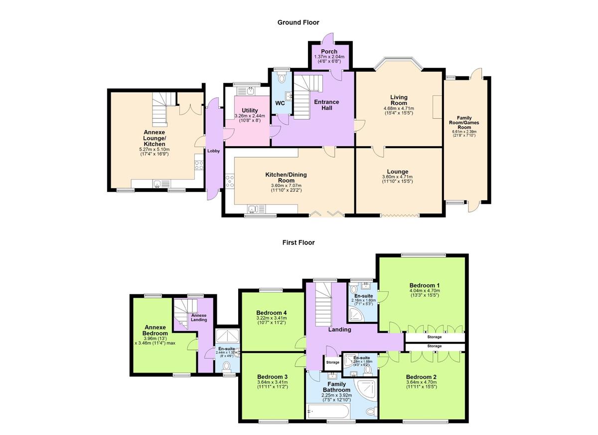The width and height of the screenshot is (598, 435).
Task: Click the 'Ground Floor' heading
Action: (x=298, y=22)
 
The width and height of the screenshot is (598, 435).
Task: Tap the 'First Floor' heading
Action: (x=299, y=243)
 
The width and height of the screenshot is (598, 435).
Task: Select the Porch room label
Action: (x=329, y=51)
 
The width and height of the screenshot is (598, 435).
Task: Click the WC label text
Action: (x=280, y=103)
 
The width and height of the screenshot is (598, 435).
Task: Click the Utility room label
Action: (x=250, y=110)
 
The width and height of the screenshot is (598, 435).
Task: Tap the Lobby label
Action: (x=214, y=151)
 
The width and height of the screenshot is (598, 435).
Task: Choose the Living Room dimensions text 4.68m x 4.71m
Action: (x=399, y=108)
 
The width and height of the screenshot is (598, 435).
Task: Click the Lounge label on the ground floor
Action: (x=399, y=172)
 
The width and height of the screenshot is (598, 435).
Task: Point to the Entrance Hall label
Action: (x=326, y=105)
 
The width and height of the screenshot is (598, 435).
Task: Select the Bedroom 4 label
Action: (x=272, y=313)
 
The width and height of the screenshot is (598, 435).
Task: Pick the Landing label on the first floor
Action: (x=339, y=329)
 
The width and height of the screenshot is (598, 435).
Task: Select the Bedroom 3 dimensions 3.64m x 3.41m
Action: (x=272, y=383)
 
